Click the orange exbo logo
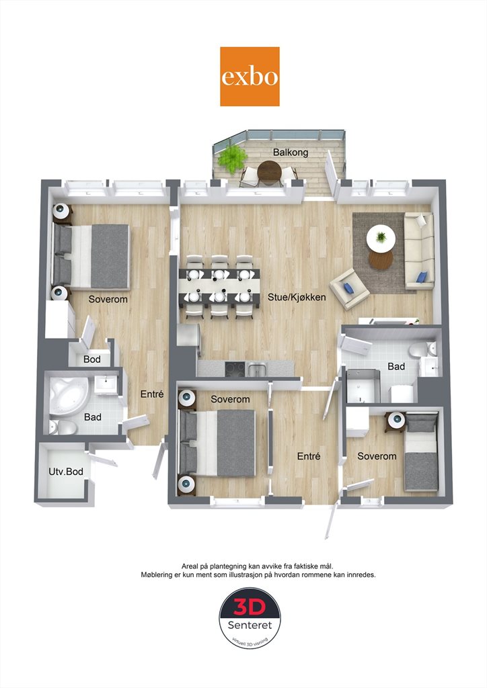250,77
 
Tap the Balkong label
291,153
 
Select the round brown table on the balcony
269,171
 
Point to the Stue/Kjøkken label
297,297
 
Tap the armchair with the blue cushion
350,289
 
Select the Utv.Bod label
66,472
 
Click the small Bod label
91,359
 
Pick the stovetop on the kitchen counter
235,369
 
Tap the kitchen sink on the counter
257,370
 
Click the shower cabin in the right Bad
363,386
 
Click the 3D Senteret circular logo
250,619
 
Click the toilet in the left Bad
64,427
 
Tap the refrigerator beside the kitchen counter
188,340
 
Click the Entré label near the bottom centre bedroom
308,456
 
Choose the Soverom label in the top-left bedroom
108,299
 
